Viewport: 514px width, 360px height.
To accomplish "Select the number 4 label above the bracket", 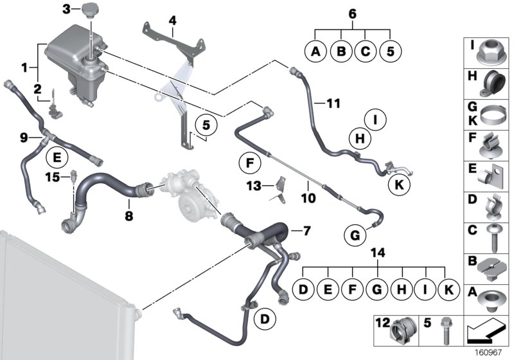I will (172, 20).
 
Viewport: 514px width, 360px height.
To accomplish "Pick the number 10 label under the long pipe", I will (308, 199).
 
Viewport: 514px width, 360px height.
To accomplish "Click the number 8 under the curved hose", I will (129, 217).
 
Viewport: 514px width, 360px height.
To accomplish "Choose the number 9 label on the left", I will (24, 137).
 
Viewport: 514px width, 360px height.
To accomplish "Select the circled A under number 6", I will (315, 51).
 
